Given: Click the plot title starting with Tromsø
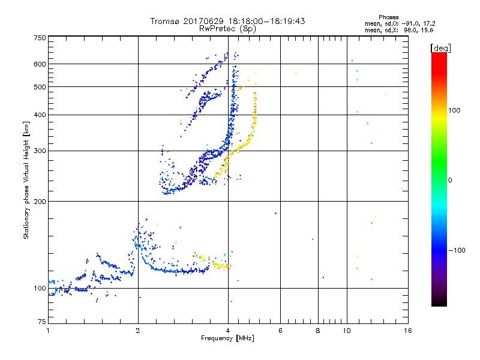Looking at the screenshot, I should coord(227,21).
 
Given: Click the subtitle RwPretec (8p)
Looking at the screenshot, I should coord(227,28).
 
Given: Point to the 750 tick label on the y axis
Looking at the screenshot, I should coord(40,38).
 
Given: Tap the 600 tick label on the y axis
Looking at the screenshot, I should coord(40,64).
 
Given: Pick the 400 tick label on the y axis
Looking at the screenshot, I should coord(40,115).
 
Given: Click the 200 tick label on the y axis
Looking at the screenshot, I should coord(40,201).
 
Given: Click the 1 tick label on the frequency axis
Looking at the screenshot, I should coord(48,331).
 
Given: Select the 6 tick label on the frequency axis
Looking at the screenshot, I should coord(280,331).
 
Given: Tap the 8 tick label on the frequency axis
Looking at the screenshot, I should coord(318,331).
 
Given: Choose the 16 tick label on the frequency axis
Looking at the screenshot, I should coord(407,331).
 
